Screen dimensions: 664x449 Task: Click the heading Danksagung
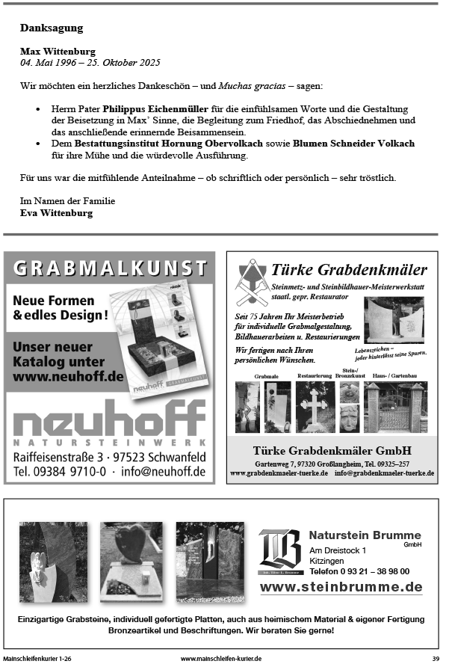[x=52, y=28]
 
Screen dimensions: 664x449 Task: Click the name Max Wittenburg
[x=58, y=52]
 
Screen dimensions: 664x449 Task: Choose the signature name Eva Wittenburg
[x=57, y=213]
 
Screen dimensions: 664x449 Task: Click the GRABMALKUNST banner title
[x=110, y=267]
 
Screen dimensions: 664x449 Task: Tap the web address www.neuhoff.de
[x=69, y=377]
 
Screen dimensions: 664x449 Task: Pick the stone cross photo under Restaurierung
[x=315, y=407]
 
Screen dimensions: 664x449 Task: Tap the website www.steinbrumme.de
[x=341, y=587]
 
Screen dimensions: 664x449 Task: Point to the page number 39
[x=435, y=658]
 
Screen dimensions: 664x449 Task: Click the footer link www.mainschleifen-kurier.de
[x=220, y=658]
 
